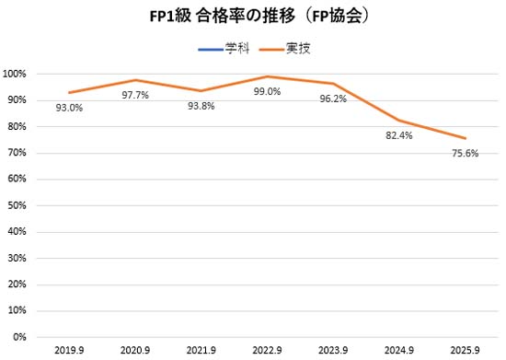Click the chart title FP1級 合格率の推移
(x=253, y=17)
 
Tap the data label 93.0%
(x=70, y=108)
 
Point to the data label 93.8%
(x=201, y=105)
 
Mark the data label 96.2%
(x=333, y=99)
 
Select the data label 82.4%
(x=398, y=135)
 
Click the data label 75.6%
(x=464, y=154)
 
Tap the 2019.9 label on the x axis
(x=70, y=350)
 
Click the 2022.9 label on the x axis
(x=267, y=350)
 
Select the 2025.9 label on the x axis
(x=464, y=350)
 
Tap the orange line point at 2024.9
(x=398, y=121)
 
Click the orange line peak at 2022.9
(x=267, y=76)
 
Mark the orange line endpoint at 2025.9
(x=464, y=138)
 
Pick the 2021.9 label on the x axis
(x=201, y=350)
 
